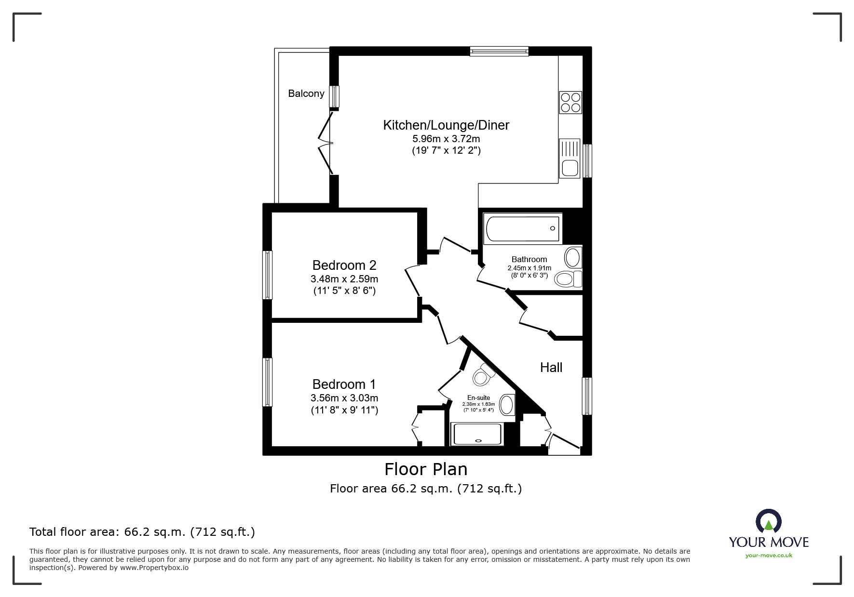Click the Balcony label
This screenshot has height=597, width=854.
click(306, 93)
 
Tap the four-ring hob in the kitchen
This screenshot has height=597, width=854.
click(570, 103)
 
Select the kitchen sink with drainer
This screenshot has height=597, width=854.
click(570, 159)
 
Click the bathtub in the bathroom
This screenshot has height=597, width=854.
click(523, 228)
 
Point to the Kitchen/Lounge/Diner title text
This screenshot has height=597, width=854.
click(446, 125)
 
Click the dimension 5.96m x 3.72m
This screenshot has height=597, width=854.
click(446, 139)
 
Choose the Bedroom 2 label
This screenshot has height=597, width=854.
click(344, 265)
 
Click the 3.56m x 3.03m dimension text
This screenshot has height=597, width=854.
click(344, 398)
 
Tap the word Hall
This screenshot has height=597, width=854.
click(551, 368)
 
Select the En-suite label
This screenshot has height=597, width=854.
click(478, 398)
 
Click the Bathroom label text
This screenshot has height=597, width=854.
click(529, 259)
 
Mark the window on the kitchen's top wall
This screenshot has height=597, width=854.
click(499, 51)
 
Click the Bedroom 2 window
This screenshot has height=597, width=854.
click(267, 275)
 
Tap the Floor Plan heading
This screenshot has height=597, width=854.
click(426, 469)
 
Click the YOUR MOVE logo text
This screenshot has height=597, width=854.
click(769, 542)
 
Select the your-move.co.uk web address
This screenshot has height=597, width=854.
click(769, 556)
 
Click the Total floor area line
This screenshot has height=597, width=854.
click(142, 532)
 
